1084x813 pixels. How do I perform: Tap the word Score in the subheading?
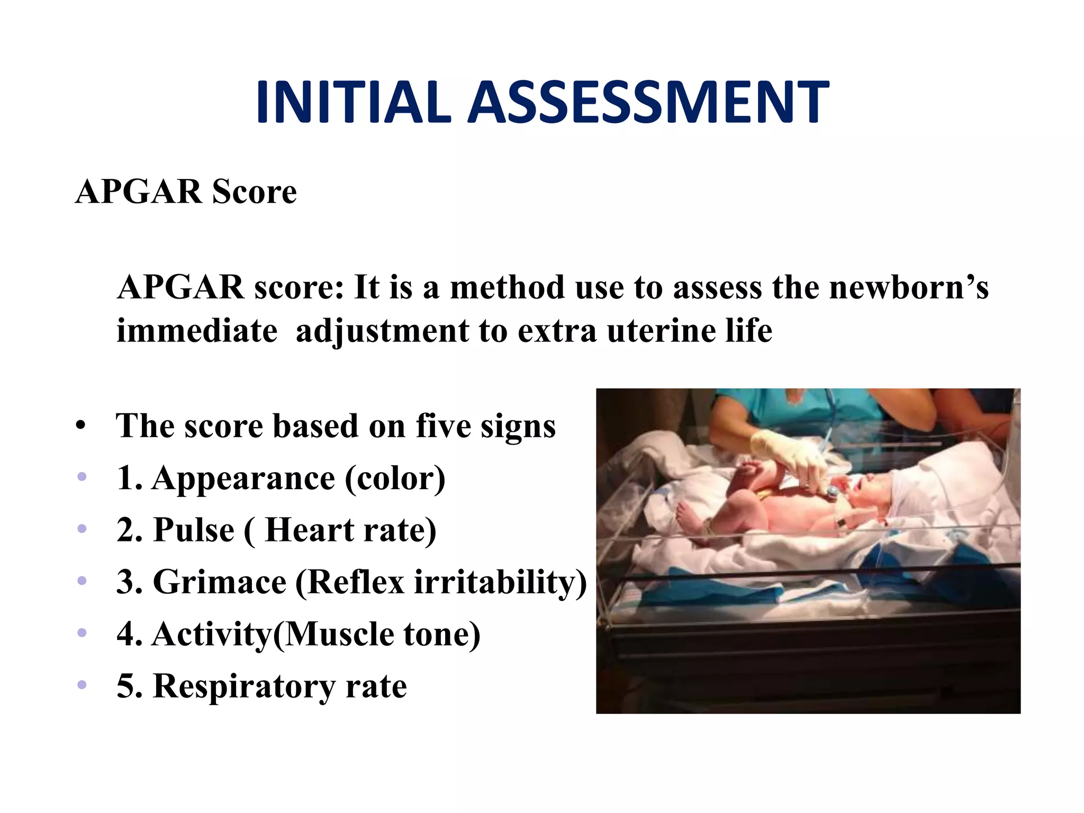click(254, 192)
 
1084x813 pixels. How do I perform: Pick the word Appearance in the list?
click(243, 479)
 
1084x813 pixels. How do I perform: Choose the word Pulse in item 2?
click(193, 530)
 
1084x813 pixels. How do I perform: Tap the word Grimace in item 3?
click(220, 582)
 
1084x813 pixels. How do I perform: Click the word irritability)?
click(500, 582)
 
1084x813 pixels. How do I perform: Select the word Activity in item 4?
click(212, 634)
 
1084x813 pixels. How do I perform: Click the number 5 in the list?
click(126, 686)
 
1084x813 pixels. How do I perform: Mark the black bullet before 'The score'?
click(80, 426)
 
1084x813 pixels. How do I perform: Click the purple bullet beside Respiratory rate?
click(82, 685)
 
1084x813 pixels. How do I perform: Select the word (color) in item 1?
click(395, 478)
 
